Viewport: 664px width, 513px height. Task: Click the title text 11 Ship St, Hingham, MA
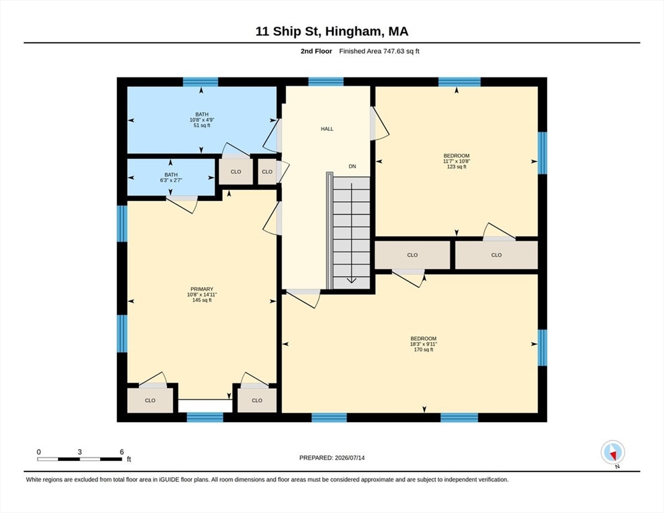(331, 31)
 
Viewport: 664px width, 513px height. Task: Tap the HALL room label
(327, 129)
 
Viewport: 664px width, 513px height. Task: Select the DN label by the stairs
(352, 166)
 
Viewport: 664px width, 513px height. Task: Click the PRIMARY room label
(202, 289)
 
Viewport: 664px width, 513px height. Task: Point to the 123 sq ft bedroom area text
(456, 167)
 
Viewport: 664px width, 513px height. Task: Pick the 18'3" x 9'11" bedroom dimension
(424, 345)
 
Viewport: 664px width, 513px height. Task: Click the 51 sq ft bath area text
(202, 126)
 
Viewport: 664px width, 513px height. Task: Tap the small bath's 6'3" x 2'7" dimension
(171, 180)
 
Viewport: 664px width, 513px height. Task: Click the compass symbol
(613, 452)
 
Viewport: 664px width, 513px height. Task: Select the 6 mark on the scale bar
(122, 452)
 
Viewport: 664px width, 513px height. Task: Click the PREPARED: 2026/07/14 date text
(332, 458)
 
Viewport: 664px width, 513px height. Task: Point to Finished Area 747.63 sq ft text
(379, 51)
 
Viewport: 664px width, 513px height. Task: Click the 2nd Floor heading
(317, 51)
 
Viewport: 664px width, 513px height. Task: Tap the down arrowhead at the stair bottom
(352, 280)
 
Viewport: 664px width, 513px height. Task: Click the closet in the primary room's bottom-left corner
(150, 400)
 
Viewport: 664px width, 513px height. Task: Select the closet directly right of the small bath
(235, 172)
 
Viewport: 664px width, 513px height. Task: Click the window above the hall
(325, 81)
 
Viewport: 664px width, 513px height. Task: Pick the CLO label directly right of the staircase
(412, 255)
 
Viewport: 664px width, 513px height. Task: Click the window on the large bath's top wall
(200, 81)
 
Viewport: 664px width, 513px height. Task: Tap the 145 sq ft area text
(202, 301)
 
